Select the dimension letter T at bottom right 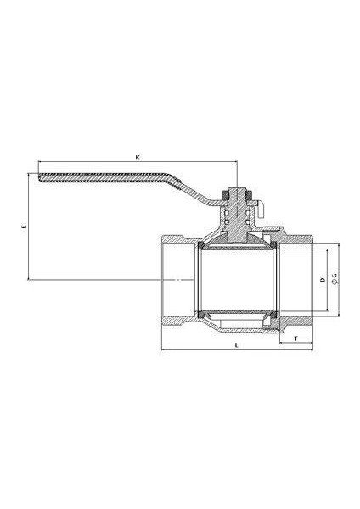(x=295, y=338)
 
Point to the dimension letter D (x=321, y=279)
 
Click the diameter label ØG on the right (x=334, y=279)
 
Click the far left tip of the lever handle (x=41, y=176)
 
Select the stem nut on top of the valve (x=238, y=197)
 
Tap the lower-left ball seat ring (x=200, y=315)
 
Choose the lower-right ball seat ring (x=273, y=315)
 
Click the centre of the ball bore (x=237, y=280)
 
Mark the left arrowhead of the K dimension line (x=39, y=163)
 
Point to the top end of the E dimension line (x=29, y=174)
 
